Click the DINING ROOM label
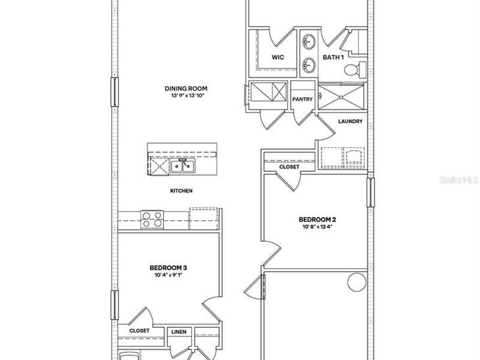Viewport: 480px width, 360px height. tap(186, 89)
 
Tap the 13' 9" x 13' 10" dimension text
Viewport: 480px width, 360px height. tap(187, 96)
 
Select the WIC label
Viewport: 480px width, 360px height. tap(277, 57)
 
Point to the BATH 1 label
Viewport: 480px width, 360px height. tap(333, 57)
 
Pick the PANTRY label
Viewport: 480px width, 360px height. tap(302, 99)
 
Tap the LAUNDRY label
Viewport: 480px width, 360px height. tap(350, 122)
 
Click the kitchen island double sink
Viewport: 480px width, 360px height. tap(182, 166)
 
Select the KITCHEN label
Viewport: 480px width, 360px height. tap(181, 191)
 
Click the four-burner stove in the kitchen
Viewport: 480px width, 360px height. tap(152, 219)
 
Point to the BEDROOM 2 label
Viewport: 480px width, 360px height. tap(317, 219)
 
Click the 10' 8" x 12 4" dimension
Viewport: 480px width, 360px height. tap(318, 227)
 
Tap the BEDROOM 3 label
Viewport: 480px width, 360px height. tap(168, 268)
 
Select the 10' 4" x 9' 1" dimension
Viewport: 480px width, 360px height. tap(168, 275)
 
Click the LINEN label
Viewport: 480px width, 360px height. tap(179, 332)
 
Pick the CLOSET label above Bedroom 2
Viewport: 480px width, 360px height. tap(289, 167)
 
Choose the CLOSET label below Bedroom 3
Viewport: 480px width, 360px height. tap(139, 330)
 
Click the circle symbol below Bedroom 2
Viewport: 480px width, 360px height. tap(356, 282)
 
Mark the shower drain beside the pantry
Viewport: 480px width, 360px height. tap(341, 97)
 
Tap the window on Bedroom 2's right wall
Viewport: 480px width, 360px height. tap(370, 192)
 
